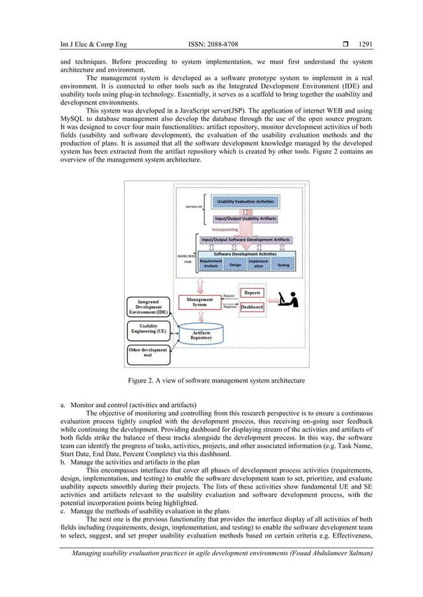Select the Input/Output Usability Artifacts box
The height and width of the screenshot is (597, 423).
(245, 218)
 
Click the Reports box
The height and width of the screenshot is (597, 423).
(251, 293)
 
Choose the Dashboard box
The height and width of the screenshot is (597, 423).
(251, 307)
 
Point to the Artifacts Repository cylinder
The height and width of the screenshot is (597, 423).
(202, 335)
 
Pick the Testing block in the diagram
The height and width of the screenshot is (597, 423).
(282, 265)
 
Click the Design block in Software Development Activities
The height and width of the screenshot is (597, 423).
(235, 265)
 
